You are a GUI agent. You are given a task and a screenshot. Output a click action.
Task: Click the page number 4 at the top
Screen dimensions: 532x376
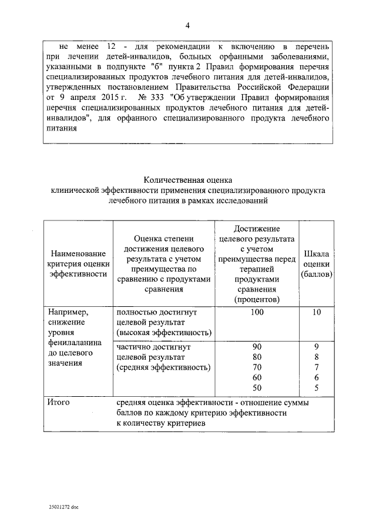click(188, 25)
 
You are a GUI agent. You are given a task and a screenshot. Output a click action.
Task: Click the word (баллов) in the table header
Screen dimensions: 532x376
click(316, 274)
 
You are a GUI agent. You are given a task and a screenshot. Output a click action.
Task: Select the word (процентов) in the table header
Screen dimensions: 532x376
click(256, 300)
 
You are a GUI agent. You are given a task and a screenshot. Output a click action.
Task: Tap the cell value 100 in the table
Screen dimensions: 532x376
click(256, 312)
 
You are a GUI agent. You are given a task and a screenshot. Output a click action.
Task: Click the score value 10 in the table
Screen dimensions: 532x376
click(316, 312)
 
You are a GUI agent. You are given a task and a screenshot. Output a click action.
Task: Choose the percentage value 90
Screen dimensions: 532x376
click(256, 346)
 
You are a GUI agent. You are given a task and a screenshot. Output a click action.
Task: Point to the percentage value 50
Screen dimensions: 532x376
click(256, 388)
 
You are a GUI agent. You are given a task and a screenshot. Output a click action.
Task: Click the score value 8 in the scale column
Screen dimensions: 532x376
click(316, 357)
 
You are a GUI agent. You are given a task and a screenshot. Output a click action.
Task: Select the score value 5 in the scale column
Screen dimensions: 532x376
click(316, 388)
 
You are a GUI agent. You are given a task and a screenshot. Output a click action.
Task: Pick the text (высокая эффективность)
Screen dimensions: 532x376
click(163, 333)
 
